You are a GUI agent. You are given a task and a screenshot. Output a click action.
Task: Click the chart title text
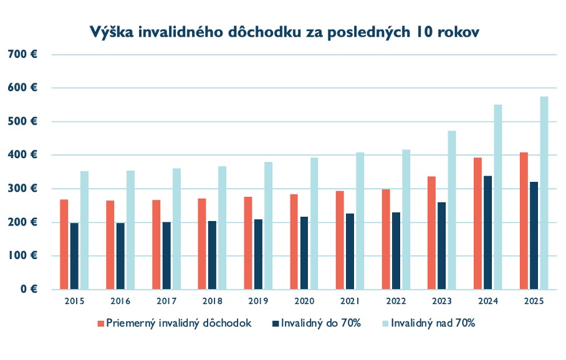[x=283, y=32]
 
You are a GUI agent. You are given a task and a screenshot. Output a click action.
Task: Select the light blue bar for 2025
[x=544, y=193]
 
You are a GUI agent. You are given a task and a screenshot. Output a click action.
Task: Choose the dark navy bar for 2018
[x=212, y=255]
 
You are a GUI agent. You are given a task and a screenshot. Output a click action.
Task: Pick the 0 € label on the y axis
[x=28, y=290]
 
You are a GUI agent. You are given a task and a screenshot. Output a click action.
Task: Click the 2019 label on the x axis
[x=257, y=301]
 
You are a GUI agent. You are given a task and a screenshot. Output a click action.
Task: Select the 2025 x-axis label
[x=534, y=301]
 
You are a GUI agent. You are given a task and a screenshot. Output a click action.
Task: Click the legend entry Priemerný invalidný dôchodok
[x=178, y=324]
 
